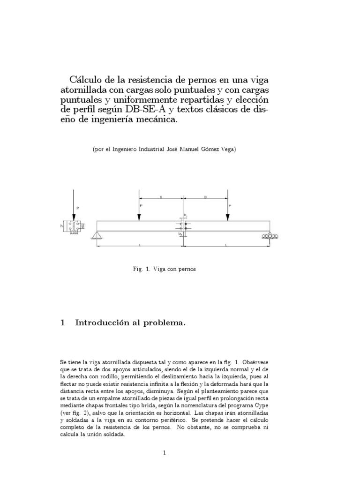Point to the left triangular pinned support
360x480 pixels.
[98, 235]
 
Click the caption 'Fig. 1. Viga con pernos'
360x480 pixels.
[164, 269]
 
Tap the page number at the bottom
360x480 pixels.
[164, 452]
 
